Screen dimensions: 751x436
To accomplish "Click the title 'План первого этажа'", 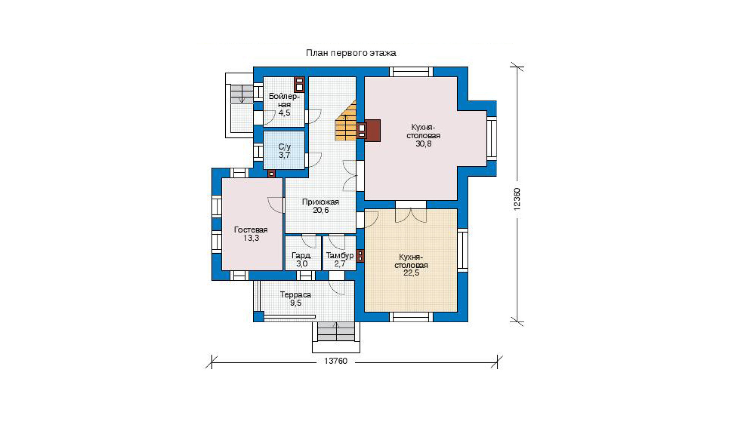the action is coord(351,53).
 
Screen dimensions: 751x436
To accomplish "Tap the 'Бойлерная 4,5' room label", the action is coord(284,104).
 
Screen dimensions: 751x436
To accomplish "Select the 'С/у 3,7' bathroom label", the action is coord(284,151).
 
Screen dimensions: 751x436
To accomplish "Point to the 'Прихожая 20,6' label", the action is coord(321,206).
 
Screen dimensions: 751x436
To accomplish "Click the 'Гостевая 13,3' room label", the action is coord(251,234).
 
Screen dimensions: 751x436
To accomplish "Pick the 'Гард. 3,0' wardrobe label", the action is coord(302,260).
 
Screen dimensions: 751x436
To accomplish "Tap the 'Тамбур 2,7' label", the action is coord(340,260).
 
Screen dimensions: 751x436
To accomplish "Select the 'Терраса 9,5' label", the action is coord(296,299).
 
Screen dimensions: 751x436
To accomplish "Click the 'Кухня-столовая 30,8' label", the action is coord(423,135).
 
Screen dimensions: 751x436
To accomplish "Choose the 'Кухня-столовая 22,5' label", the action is coord(411,265).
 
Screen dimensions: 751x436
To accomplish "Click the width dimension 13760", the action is coord(336,361).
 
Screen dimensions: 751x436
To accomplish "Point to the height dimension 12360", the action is coord(517,199).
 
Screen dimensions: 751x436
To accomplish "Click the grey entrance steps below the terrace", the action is coord(336,332).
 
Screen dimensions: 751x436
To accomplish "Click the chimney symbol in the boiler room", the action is coord(299,84).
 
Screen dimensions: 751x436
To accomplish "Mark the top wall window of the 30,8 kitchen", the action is coord(411,72).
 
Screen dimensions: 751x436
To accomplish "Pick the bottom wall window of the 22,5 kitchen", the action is coord(411,317).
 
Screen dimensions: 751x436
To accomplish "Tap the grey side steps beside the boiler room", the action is coord(242,94).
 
